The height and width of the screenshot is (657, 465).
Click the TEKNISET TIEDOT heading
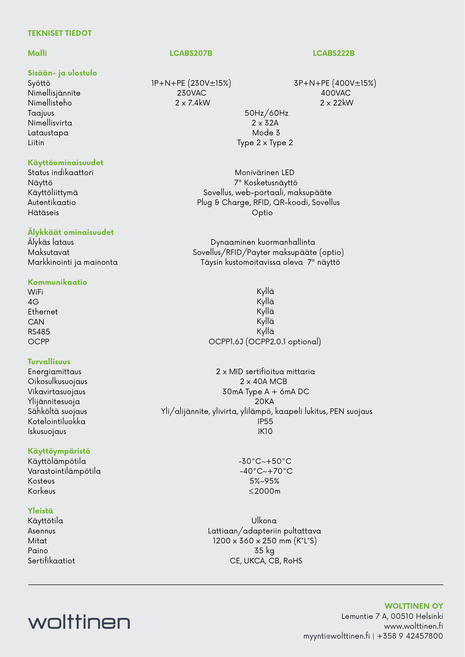pyautogui.click(x=59, y=33)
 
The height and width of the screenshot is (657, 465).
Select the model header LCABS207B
pyautogui.click(x=191, y=53)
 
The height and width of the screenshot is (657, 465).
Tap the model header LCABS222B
pyautogui.click(x=334, y=53)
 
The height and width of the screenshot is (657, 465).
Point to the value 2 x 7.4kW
pyautogui.click(x=193, y=103)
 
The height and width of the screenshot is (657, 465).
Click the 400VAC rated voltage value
pyautogui.click(x=336, y=93)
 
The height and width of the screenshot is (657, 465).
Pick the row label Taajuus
pyautogui.click(x=41, y=113)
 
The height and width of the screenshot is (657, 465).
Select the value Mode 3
pyautogui.click(x=266, y=133)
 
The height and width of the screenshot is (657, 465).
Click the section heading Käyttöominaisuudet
pyautogui.click(x=65, y=163)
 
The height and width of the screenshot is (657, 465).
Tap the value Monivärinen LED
pyautogui.click(x=265, y=172)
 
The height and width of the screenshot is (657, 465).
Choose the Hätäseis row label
pyautogui.click(x=43, y=213)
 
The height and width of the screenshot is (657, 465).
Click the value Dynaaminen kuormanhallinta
pyautogui.click(x=263, y=242)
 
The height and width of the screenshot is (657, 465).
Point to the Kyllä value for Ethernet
pyautogui.click(x=265, y=311)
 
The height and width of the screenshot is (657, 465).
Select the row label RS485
pyautogui.click(x=39, y=332)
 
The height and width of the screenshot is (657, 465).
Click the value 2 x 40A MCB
pyautogui.click(x=264, y=381)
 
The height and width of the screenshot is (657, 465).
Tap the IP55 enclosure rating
pyautogui.click(x=265, y=421)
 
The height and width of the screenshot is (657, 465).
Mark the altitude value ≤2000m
pyautogui.click(x=265, y=491)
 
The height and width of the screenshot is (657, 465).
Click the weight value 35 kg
pyautogui.click(x=264, y=551)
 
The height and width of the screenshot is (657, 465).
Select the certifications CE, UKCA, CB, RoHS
pyautogui.click(x=266, y=561)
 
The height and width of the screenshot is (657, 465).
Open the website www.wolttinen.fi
pyautogui.click(x=413, y=626)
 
